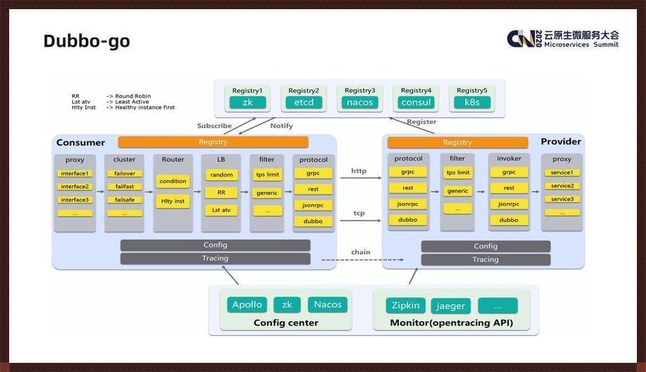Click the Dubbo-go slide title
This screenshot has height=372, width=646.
pyautogui.click(x=86, y=41)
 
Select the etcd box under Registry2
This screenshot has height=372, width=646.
pyautogui.click(x=304, y=103)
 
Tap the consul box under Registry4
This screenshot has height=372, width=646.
pyautogui.click(x=416, y=103)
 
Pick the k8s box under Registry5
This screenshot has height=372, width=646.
pyautogui.click(x=472, y=103)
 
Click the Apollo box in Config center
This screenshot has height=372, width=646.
pyautogui.click(x=247, y=305)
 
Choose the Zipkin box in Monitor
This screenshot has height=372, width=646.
pyautogui.click(x=405, y=306)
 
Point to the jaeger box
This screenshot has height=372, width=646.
pyautogui.click(x=450, y=306)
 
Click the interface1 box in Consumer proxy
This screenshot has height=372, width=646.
pyautogui.click(x=74, y=173)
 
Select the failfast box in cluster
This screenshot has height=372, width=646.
pyautogui.click(x=124, y=187)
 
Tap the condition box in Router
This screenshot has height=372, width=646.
pyautogui.click(x=173, y=181)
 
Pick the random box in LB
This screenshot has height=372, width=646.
pyautogui.click(x=221, y=175)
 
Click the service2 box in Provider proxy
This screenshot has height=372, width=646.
pyautogui.click(x=562, y=186)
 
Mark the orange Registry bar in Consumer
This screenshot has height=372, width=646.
pyautogui.click(x=213, y=142)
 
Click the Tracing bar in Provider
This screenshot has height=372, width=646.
pyautogui.click(x=486, y=260)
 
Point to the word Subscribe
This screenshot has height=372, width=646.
pyautogui.click(x=214, y=126)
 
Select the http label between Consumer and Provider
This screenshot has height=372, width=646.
pyautogui.click(x=359, y=171)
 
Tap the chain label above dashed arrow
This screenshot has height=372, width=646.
pyautogui.click(x=360, y=252)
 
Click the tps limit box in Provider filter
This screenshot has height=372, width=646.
pyautogui.click(x=457, y=173)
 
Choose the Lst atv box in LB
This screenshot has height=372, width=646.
pyautogui.click(x=221, y=210)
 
